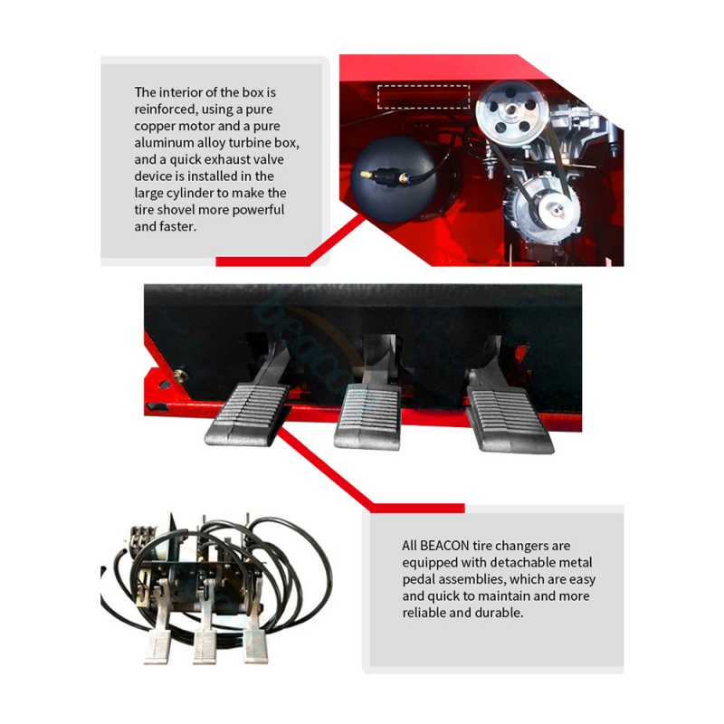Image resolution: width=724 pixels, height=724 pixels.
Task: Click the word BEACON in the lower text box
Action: pos(444,546)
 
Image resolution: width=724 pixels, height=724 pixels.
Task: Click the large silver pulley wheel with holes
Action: pos(511,110)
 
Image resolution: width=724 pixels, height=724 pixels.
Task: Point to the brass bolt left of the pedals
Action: pos(180,373)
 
